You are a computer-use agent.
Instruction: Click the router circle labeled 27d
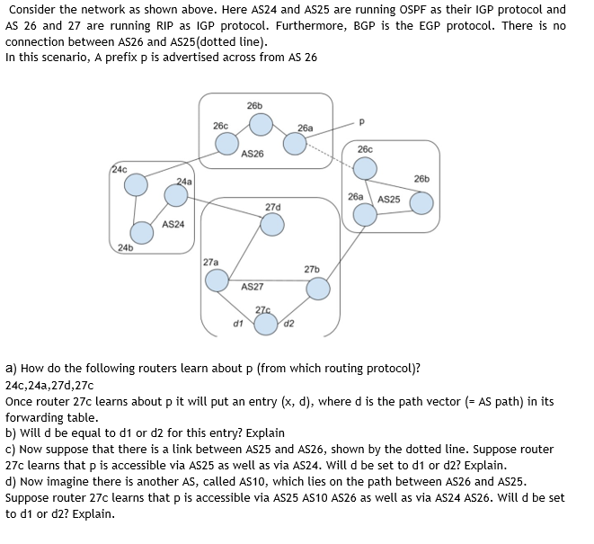(272, 225)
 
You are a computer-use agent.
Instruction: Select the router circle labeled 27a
(217, 280)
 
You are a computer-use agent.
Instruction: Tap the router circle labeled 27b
(318, 288)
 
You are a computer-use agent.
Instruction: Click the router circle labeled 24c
(136, 185)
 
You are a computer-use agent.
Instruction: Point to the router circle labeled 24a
(176, 194)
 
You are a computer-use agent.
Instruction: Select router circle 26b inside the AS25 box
(421, 202)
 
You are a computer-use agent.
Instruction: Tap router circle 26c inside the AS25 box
(365, 168)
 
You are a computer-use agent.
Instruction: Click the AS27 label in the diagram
(253, 287)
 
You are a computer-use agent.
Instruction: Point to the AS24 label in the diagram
(173, 224)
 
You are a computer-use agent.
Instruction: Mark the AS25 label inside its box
(389, 199)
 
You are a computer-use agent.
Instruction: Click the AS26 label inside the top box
(253, 154)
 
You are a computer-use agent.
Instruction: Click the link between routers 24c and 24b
(134, 214)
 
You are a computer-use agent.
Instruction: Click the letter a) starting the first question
(11, 368)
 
